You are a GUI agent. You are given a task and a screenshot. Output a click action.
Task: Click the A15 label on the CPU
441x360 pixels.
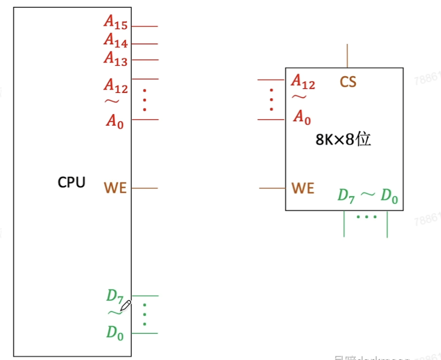(x=116, y=22)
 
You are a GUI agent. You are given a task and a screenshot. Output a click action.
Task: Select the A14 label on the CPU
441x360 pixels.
(x=116, y=40)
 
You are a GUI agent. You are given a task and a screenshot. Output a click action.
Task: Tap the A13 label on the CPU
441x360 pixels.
(x=116, y=57)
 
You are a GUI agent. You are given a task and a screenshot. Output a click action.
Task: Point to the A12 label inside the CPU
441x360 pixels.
(x=116, y=85)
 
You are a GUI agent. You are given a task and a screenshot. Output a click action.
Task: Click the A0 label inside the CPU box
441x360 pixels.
(x=115, y=121)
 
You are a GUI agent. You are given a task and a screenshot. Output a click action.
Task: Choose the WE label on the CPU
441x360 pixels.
(x=115, y=188)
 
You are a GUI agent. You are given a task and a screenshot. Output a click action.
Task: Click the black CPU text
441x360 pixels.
(x=71, y=183)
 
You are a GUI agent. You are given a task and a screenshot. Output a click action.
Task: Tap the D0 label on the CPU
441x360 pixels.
(x=115, y=332)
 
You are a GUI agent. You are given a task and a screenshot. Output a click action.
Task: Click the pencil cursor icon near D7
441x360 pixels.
(x=125, y=306)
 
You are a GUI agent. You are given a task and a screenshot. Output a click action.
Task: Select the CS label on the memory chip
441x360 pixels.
(x=348, y=82)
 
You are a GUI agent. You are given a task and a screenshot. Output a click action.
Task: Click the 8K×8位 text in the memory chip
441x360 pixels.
(x=343, y=140)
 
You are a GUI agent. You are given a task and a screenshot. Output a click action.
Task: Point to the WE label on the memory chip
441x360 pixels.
(x=302, y=188)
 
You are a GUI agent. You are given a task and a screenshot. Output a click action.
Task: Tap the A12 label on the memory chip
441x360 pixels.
(x=303, y=82)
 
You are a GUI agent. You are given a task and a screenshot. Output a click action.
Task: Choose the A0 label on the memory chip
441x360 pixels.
(x=302, y=117)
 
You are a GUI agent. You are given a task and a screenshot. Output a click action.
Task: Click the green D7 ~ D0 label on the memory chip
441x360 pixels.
(x=368, y=196)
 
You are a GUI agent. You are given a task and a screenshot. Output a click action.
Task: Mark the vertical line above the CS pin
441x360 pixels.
(x=348, y=56)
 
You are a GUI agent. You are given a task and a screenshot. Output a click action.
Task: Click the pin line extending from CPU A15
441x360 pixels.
(x=144, y=26)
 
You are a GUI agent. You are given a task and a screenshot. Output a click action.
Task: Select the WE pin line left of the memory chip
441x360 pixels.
(x=272, y=188)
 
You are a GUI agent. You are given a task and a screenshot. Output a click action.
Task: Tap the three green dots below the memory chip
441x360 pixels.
(x=366, y=216)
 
